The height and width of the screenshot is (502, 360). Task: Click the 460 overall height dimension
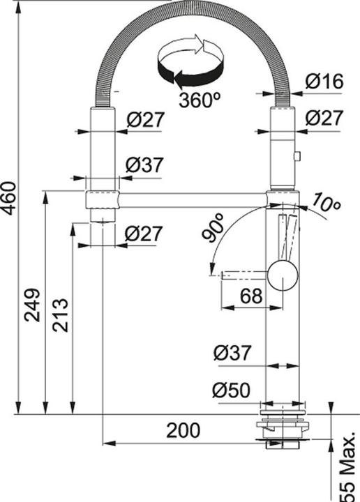[8, 198]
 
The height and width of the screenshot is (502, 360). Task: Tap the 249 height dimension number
[33, 305]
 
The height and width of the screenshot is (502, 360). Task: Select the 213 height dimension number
[61, 315]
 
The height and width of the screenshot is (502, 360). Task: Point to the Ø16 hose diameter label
[324, 81]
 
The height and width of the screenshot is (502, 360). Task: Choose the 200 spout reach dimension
[183, 430]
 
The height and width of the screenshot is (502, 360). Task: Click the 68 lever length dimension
[251, 296]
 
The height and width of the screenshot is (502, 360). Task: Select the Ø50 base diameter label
[231, 390]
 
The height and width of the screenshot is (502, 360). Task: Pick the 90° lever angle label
[213, 227]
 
